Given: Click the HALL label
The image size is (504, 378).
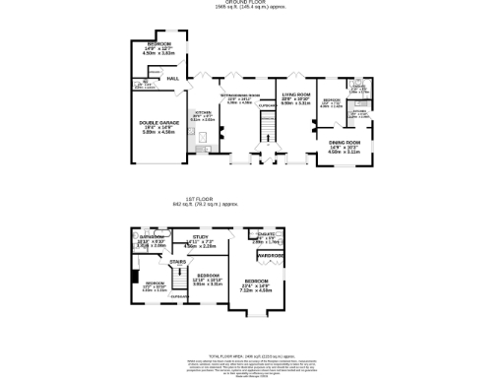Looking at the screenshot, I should point(172,78).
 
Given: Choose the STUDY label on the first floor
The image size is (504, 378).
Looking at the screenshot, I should point(200,237).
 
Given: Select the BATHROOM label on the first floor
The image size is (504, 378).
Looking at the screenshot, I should point(151,237).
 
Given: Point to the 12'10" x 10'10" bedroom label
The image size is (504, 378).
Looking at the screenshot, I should point(207,278).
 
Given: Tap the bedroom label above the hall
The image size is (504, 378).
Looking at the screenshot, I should point(158,46).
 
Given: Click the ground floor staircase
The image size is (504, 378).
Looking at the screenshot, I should point(263,127).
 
